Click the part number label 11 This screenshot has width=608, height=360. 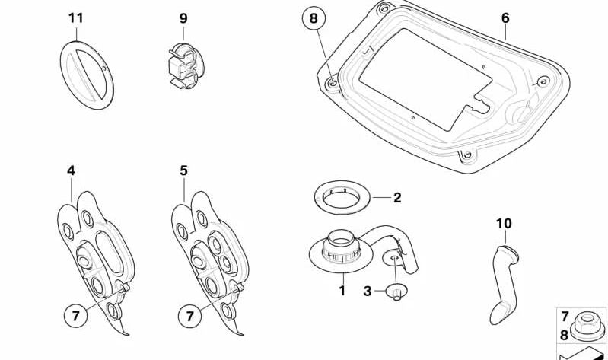76,18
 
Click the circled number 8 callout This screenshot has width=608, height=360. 314,18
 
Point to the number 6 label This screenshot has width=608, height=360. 505,18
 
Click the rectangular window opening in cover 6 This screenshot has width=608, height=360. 426,78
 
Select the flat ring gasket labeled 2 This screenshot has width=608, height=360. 342,197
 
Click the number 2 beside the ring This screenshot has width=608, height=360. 397,197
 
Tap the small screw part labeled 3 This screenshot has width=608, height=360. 396,292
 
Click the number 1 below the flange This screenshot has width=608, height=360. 342,291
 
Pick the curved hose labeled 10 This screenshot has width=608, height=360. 504,284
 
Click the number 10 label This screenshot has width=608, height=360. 504,223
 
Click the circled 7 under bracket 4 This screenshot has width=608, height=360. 75,316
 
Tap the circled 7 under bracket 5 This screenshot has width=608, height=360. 189,316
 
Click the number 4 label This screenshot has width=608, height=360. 71,170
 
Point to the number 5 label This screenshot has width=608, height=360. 184,170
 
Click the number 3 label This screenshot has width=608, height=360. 368,291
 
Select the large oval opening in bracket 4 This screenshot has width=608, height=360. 110,253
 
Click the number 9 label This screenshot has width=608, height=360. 183,18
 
